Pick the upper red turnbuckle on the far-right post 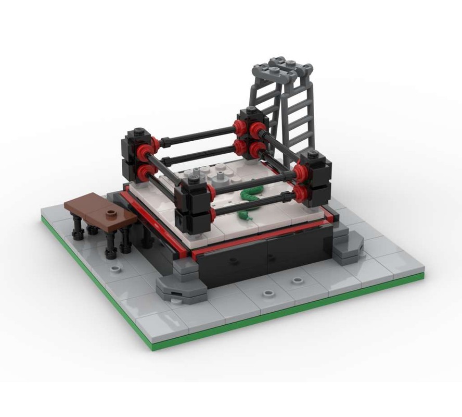pos(301,172)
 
